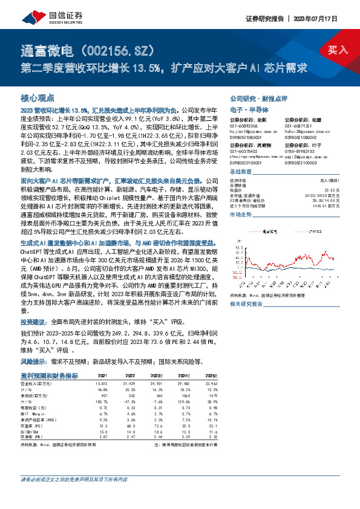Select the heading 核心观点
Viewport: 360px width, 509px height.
click(38, 97)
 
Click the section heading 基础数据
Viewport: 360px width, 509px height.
click(241, 172)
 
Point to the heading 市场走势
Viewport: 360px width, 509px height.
click(241, 215)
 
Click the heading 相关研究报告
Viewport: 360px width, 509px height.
click(246, 304)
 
